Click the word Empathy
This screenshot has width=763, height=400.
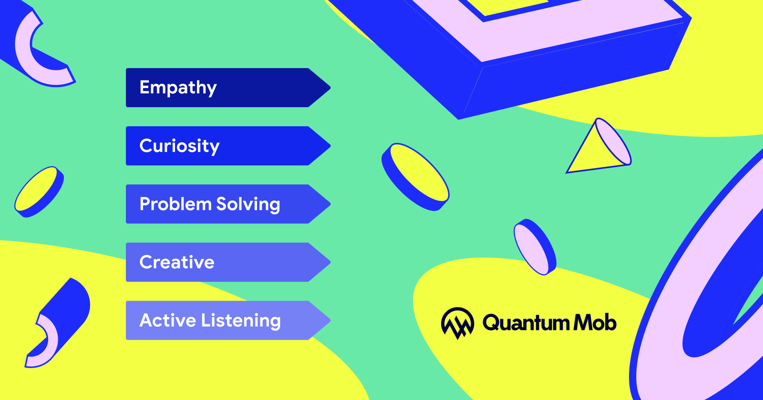(178, 88)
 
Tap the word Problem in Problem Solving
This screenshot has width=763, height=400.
(175, 204)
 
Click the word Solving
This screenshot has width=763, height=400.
(248, 205)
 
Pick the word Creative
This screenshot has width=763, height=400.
(177, 262)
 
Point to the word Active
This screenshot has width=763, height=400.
(167, 320)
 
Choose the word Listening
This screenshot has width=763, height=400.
(241, 321)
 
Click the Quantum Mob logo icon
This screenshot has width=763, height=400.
(457, 323)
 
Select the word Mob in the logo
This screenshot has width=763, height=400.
(595, 322)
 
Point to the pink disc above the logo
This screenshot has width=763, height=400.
(535, 247)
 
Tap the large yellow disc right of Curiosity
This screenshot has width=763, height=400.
(415, 177)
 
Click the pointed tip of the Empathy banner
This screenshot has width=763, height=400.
(330, 88)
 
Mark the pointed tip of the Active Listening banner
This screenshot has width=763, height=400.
(330, 320)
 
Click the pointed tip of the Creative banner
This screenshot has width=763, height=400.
(330, 262)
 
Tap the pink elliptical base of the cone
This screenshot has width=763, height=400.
(614, 141)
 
